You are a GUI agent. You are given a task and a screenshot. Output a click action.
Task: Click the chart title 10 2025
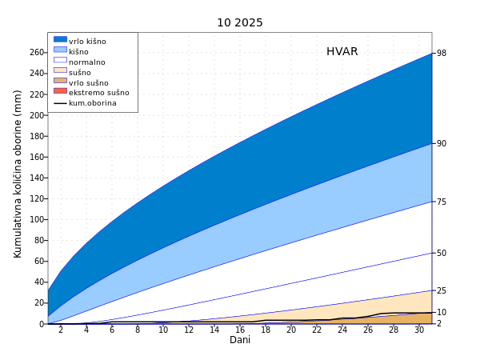pyautogui.click(x=239, y=22)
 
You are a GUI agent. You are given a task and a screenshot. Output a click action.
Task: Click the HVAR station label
pyautogui.click(x=342, y=52)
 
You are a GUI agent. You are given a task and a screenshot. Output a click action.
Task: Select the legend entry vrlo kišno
pyautogui.click(x=87, y=42)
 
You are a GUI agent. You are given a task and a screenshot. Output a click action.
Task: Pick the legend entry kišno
pyautogui.click(x=78, y=52)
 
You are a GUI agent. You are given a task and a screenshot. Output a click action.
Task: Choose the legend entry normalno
pyautogui.click(x=86, y=62)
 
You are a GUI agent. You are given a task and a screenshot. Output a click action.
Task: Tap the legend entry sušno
pyautogui.click(x=80, y=73)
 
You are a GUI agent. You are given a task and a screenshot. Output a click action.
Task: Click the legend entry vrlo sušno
pyautogui.click(x=88, y=83)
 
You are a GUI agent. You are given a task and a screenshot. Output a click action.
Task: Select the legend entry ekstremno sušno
pyautogui.click(x=98, y=93)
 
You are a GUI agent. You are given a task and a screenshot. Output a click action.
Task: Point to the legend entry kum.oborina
pyautogui.click(x=92, y=103)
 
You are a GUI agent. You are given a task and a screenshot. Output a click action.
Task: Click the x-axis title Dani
pyautogui.click(x=240, y=340)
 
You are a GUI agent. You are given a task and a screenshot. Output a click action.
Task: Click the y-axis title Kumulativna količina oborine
pyautogui.click(x=18, y=174)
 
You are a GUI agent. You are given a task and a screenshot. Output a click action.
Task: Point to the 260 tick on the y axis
pyautogui.click(x=37, y=53)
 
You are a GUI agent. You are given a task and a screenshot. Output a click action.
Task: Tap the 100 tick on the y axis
pyautogui.click(x=37, y=219)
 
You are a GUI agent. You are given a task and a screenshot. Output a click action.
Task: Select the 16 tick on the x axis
pyautogui.click(x=240, y=330)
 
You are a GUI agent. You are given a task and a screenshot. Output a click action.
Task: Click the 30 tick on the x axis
pyautogui.click(x=419, y=330)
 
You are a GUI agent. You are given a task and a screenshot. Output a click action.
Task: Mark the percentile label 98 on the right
pyautogui.click(x=441, y=54)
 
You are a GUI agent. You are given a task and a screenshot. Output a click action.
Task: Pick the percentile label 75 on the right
pyautogui.click(x=441, y=202)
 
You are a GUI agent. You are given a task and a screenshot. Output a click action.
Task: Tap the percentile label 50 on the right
pyautogui.click(x=441, y=253)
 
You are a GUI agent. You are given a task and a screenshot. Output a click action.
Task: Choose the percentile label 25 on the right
pyautogui.click(x=441, y=290)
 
